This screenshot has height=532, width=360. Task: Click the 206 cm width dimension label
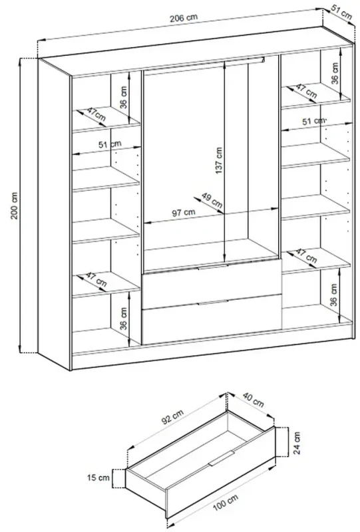click(184, 18)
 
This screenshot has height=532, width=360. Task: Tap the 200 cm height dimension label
click(14, 205)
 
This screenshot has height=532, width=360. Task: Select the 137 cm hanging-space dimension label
click(219, 160)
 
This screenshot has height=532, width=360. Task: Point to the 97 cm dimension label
click(184, 213)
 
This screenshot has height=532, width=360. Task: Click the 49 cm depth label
click(212, 200)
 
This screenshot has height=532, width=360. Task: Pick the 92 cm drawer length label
click(172, 417)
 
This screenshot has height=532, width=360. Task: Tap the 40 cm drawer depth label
click(253, 400)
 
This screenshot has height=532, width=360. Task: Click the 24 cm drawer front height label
click(297, 443)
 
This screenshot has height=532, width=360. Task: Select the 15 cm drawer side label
click(98, 477)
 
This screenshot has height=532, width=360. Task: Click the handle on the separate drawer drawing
click(222, 458)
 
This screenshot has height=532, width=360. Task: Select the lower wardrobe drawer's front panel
click(212, 320)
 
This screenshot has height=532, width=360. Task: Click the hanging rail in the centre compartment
click(204, 65)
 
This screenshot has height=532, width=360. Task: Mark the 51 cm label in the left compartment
click(110, 144)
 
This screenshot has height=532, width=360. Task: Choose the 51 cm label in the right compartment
click(313, 121)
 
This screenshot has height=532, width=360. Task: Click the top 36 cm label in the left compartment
click(124, 97)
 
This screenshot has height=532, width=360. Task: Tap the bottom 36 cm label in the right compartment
click(334, 295)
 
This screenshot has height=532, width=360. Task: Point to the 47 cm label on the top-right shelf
click(306, 91)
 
